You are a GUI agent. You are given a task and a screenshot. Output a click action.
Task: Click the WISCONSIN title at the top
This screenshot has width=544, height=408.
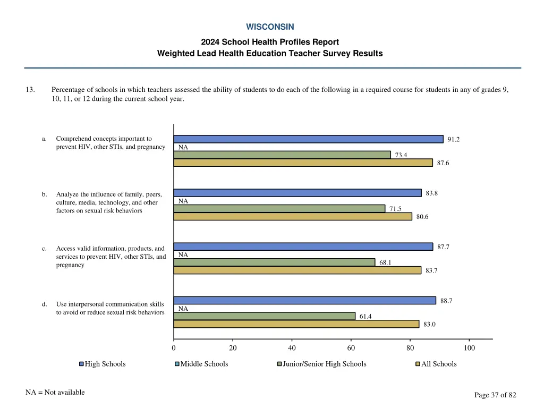click(270, 27)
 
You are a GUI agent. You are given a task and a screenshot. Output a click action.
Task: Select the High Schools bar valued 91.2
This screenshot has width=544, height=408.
click(308, 139)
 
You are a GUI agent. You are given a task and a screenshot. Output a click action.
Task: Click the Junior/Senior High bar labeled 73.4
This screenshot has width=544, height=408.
click(282, 155)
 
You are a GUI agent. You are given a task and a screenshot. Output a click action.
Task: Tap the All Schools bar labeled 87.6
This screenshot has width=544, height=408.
click(303, 163)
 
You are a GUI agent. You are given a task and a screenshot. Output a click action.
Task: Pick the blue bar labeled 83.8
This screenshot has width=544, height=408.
click(297, 193)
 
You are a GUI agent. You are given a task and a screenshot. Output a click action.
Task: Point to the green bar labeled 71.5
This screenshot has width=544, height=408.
click(279, 209)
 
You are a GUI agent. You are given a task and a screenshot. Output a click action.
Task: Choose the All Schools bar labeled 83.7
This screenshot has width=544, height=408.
click(297, 270)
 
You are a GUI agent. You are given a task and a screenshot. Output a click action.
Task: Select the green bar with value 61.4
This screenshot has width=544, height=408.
click(265, 316)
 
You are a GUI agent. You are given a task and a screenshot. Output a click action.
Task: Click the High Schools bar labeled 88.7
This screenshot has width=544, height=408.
click(304, 301)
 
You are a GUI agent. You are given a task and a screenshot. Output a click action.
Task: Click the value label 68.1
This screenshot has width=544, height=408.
click(386, 262)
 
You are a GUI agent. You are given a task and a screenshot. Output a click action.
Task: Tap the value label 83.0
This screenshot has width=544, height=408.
click(429, 324)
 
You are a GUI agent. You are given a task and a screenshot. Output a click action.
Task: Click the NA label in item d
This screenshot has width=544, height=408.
click(183, 309)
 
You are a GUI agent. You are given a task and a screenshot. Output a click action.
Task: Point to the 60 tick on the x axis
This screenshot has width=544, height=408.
click(351, 348)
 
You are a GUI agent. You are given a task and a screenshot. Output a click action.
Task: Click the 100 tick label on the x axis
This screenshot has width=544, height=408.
click(469, 348)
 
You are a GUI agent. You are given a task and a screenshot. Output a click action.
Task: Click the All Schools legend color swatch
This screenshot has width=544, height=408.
click(418, 364)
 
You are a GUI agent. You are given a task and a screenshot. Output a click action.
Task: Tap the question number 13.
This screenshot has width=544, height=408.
click(30, 90)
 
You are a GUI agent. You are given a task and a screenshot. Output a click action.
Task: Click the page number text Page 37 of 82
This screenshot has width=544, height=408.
click(495, 395)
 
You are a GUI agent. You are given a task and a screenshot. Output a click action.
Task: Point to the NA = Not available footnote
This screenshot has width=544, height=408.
click(55, 393)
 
